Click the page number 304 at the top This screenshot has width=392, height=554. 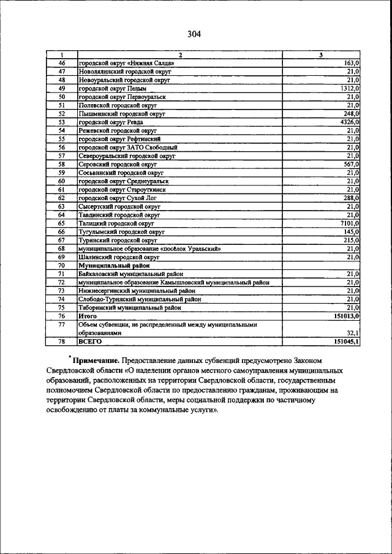tap(195, 34)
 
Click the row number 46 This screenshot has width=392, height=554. tap(61, 64)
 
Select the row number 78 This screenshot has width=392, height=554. tap(61, 342)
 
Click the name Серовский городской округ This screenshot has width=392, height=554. tap(118, 165)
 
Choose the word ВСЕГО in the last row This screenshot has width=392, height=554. tap(90, 342)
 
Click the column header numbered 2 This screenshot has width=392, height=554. tap(179, 56)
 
